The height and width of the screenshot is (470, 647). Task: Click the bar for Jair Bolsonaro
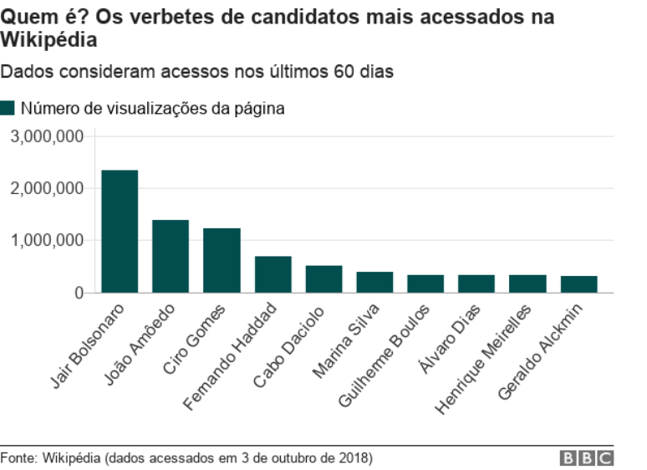[120, 232]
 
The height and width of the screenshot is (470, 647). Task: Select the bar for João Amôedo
[171, 256]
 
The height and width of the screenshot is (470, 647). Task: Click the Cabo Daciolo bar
[323, 279]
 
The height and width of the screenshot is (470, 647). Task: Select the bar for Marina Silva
[374, 282]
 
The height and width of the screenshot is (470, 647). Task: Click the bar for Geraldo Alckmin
[578, 284]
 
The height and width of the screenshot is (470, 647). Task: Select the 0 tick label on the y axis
[79, 293]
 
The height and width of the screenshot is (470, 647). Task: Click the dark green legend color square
[8, 108]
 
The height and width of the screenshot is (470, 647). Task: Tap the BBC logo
[587, 457]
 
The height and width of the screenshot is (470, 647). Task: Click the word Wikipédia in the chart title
[48, 39]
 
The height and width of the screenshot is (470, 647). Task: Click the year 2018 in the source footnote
[354, 458]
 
